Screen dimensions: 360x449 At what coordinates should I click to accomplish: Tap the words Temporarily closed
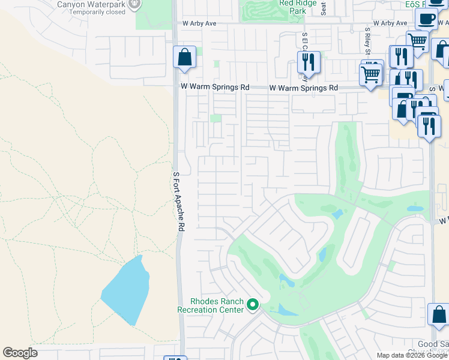pos(100,12)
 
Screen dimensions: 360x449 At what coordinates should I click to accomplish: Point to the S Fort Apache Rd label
pos(178,202)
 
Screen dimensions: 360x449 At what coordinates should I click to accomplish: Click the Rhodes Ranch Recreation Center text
pos(210,305)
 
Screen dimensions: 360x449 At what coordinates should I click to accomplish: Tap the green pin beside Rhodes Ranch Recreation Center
pos(253,305)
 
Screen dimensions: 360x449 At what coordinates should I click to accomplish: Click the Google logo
pos(20,353)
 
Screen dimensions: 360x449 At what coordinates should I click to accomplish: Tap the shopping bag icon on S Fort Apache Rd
pos(184,58)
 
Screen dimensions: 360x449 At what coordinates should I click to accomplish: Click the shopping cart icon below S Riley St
pos(371,74)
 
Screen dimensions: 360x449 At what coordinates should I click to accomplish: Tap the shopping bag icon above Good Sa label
pos(439,314)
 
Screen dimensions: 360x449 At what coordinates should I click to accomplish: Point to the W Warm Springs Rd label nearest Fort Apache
pos(215,88)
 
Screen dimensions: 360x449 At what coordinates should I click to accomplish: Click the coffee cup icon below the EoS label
pos(426,19)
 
